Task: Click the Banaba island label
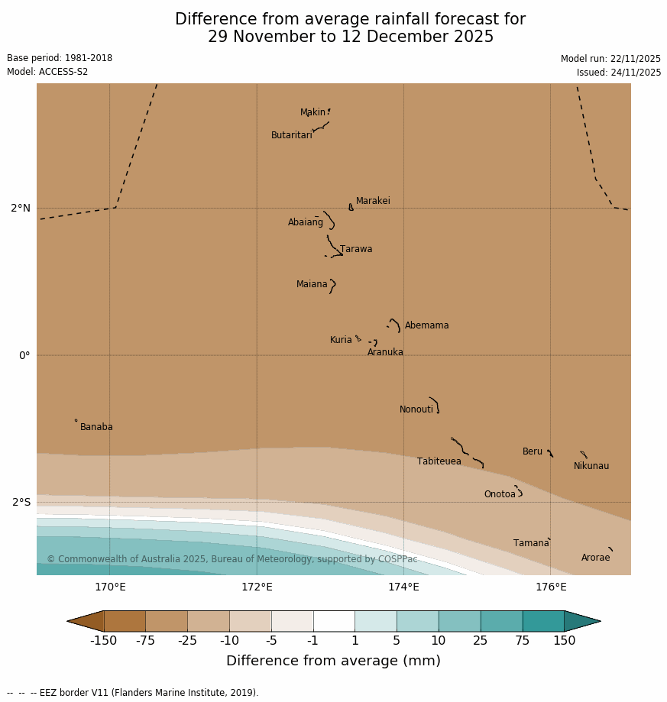point(96,427)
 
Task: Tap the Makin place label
point(312,112)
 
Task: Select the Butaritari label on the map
point(291,135)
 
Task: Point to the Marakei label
point(373,201)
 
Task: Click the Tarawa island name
point(356,249)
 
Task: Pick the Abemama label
point(426,325)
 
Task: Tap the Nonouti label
point(416,409)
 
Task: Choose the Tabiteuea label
point(439,461)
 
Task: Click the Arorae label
point(595,558)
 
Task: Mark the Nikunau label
point(591,466)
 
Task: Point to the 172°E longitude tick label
point(257,587)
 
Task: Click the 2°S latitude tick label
point(21,502)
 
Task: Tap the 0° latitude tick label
point(24,355)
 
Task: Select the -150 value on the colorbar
point(104,641)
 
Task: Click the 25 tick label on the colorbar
point(480,641)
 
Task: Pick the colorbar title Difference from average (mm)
point(333,661)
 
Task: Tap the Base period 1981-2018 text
point(60,58)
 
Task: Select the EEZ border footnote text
point(133,693)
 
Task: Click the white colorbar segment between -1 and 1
point(334,621)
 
